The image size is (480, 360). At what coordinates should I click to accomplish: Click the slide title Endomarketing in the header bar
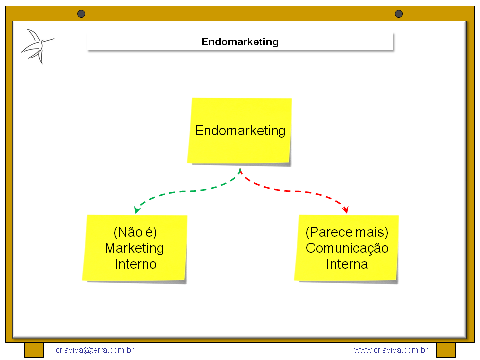coord(240,42)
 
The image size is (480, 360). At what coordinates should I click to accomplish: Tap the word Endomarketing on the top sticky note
coord(240,131)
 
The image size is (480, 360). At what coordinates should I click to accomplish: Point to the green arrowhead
coord(136,210)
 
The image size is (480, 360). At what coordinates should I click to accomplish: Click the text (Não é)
coord(135,232)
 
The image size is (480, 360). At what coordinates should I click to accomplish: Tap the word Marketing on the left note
coord(135,248)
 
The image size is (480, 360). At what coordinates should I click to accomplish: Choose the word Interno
coord(135,264)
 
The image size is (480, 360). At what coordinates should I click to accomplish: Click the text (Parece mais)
coord(347,232)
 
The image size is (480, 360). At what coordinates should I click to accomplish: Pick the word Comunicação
coord(347,248)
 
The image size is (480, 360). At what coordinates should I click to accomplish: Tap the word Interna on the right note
coord(347,264)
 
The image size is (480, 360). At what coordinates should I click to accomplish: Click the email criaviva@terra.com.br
coord(95,350)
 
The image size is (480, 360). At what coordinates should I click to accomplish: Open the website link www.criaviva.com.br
coord(391,350)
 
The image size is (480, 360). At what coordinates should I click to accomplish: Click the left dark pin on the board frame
coord(81,14)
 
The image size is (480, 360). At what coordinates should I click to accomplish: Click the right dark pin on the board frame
coord(399,14)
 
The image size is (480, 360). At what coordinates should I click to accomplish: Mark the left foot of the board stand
coord(34,350)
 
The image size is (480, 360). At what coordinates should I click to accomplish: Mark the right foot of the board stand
coord(446,350)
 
